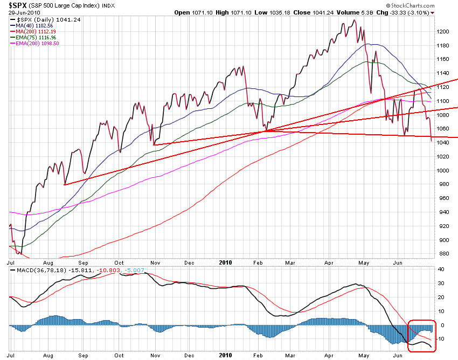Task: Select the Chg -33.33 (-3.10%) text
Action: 395,12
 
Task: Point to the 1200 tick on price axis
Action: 443,31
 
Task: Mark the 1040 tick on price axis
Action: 443,142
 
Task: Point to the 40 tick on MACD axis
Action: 440,269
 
